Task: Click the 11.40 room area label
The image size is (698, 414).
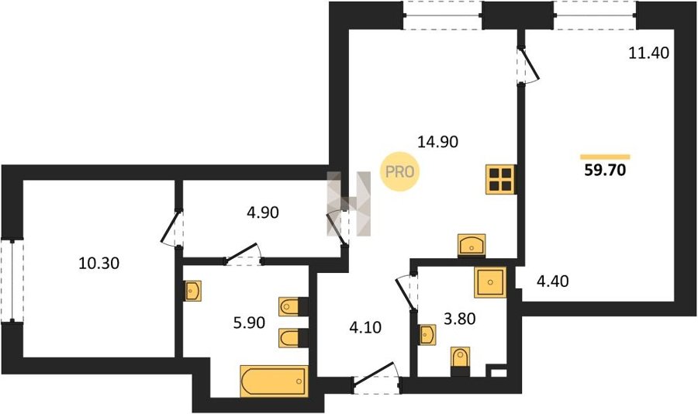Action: (648, 53)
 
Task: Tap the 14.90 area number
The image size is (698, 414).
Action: (437, 142)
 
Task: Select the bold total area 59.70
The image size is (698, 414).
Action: (605, 170)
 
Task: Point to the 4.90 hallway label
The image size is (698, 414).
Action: (263, 212)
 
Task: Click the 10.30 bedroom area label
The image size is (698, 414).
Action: (98, 264)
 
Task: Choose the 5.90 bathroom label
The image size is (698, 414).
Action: (249, 323)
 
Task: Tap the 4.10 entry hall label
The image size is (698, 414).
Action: (365, 328)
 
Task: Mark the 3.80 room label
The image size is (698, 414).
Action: (460, 319)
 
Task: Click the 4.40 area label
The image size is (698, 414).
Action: (552, 281)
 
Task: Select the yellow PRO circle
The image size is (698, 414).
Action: (399, 172)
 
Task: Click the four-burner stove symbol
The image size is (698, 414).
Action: (501, 179)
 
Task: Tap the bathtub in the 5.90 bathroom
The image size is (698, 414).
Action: (274, 381)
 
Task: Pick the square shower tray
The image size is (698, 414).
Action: (490, 281)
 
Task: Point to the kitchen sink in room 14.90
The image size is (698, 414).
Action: (472, 245)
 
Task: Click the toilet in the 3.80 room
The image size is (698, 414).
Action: (460, 361)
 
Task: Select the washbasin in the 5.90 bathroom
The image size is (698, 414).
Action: (193, 291)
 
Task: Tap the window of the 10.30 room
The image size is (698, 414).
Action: (12, 281)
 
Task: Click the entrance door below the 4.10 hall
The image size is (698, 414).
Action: (376, 378)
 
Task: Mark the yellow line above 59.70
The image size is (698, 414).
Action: (605, 157)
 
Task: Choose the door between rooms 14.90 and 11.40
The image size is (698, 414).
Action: (527, 64)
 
